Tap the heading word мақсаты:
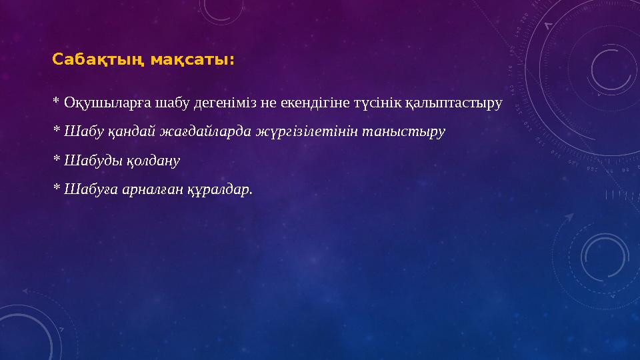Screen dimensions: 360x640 (x=192, y=61)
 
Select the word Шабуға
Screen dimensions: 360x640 (x=86, y=189)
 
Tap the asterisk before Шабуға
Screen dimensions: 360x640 (x=56, y=187)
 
